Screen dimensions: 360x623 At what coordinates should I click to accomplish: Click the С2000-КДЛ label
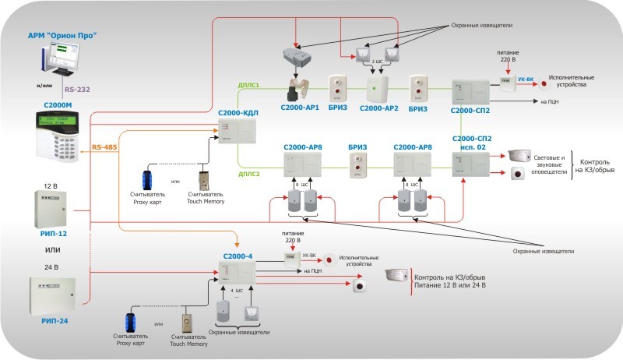(x=238, y=113)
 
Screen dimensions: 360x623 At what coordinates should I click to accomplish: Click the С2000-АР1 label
(x=300, y=108)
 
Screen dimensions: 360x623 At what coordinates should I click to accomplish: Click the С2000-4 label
(x=238, y=255)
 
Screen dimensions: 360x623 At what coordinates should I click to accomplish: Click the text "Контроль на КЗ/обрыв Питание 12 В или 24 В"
(x=451, y=281)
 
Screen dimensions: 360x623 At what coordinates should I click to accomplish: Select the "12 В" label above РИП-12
(x=52, y=186)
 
